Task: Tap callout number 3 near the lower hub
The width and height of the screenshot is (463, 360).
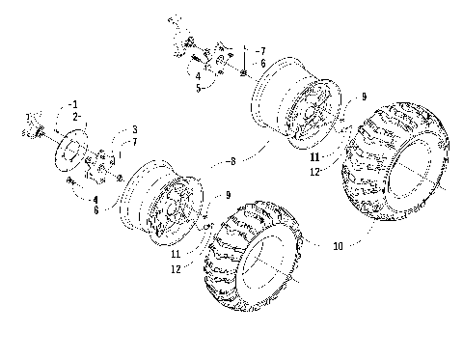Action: click(134, 128)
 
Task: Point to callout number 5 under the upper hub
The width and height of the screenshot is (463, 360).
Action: click(197, 86)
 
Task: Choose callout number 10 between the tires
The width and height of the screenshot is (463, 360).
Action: click(336, 246)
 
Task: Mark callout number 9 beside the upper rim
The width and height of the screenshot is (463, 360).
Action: click(364, 96)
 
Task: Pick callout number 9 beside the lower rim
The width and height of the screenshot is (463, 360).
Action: click(228, 196)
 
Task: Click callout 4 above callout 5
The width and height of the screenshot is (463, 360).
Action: click(197, 74)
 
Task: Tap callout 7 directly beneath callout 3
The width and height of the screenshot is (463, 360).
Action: click(134, 142)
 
